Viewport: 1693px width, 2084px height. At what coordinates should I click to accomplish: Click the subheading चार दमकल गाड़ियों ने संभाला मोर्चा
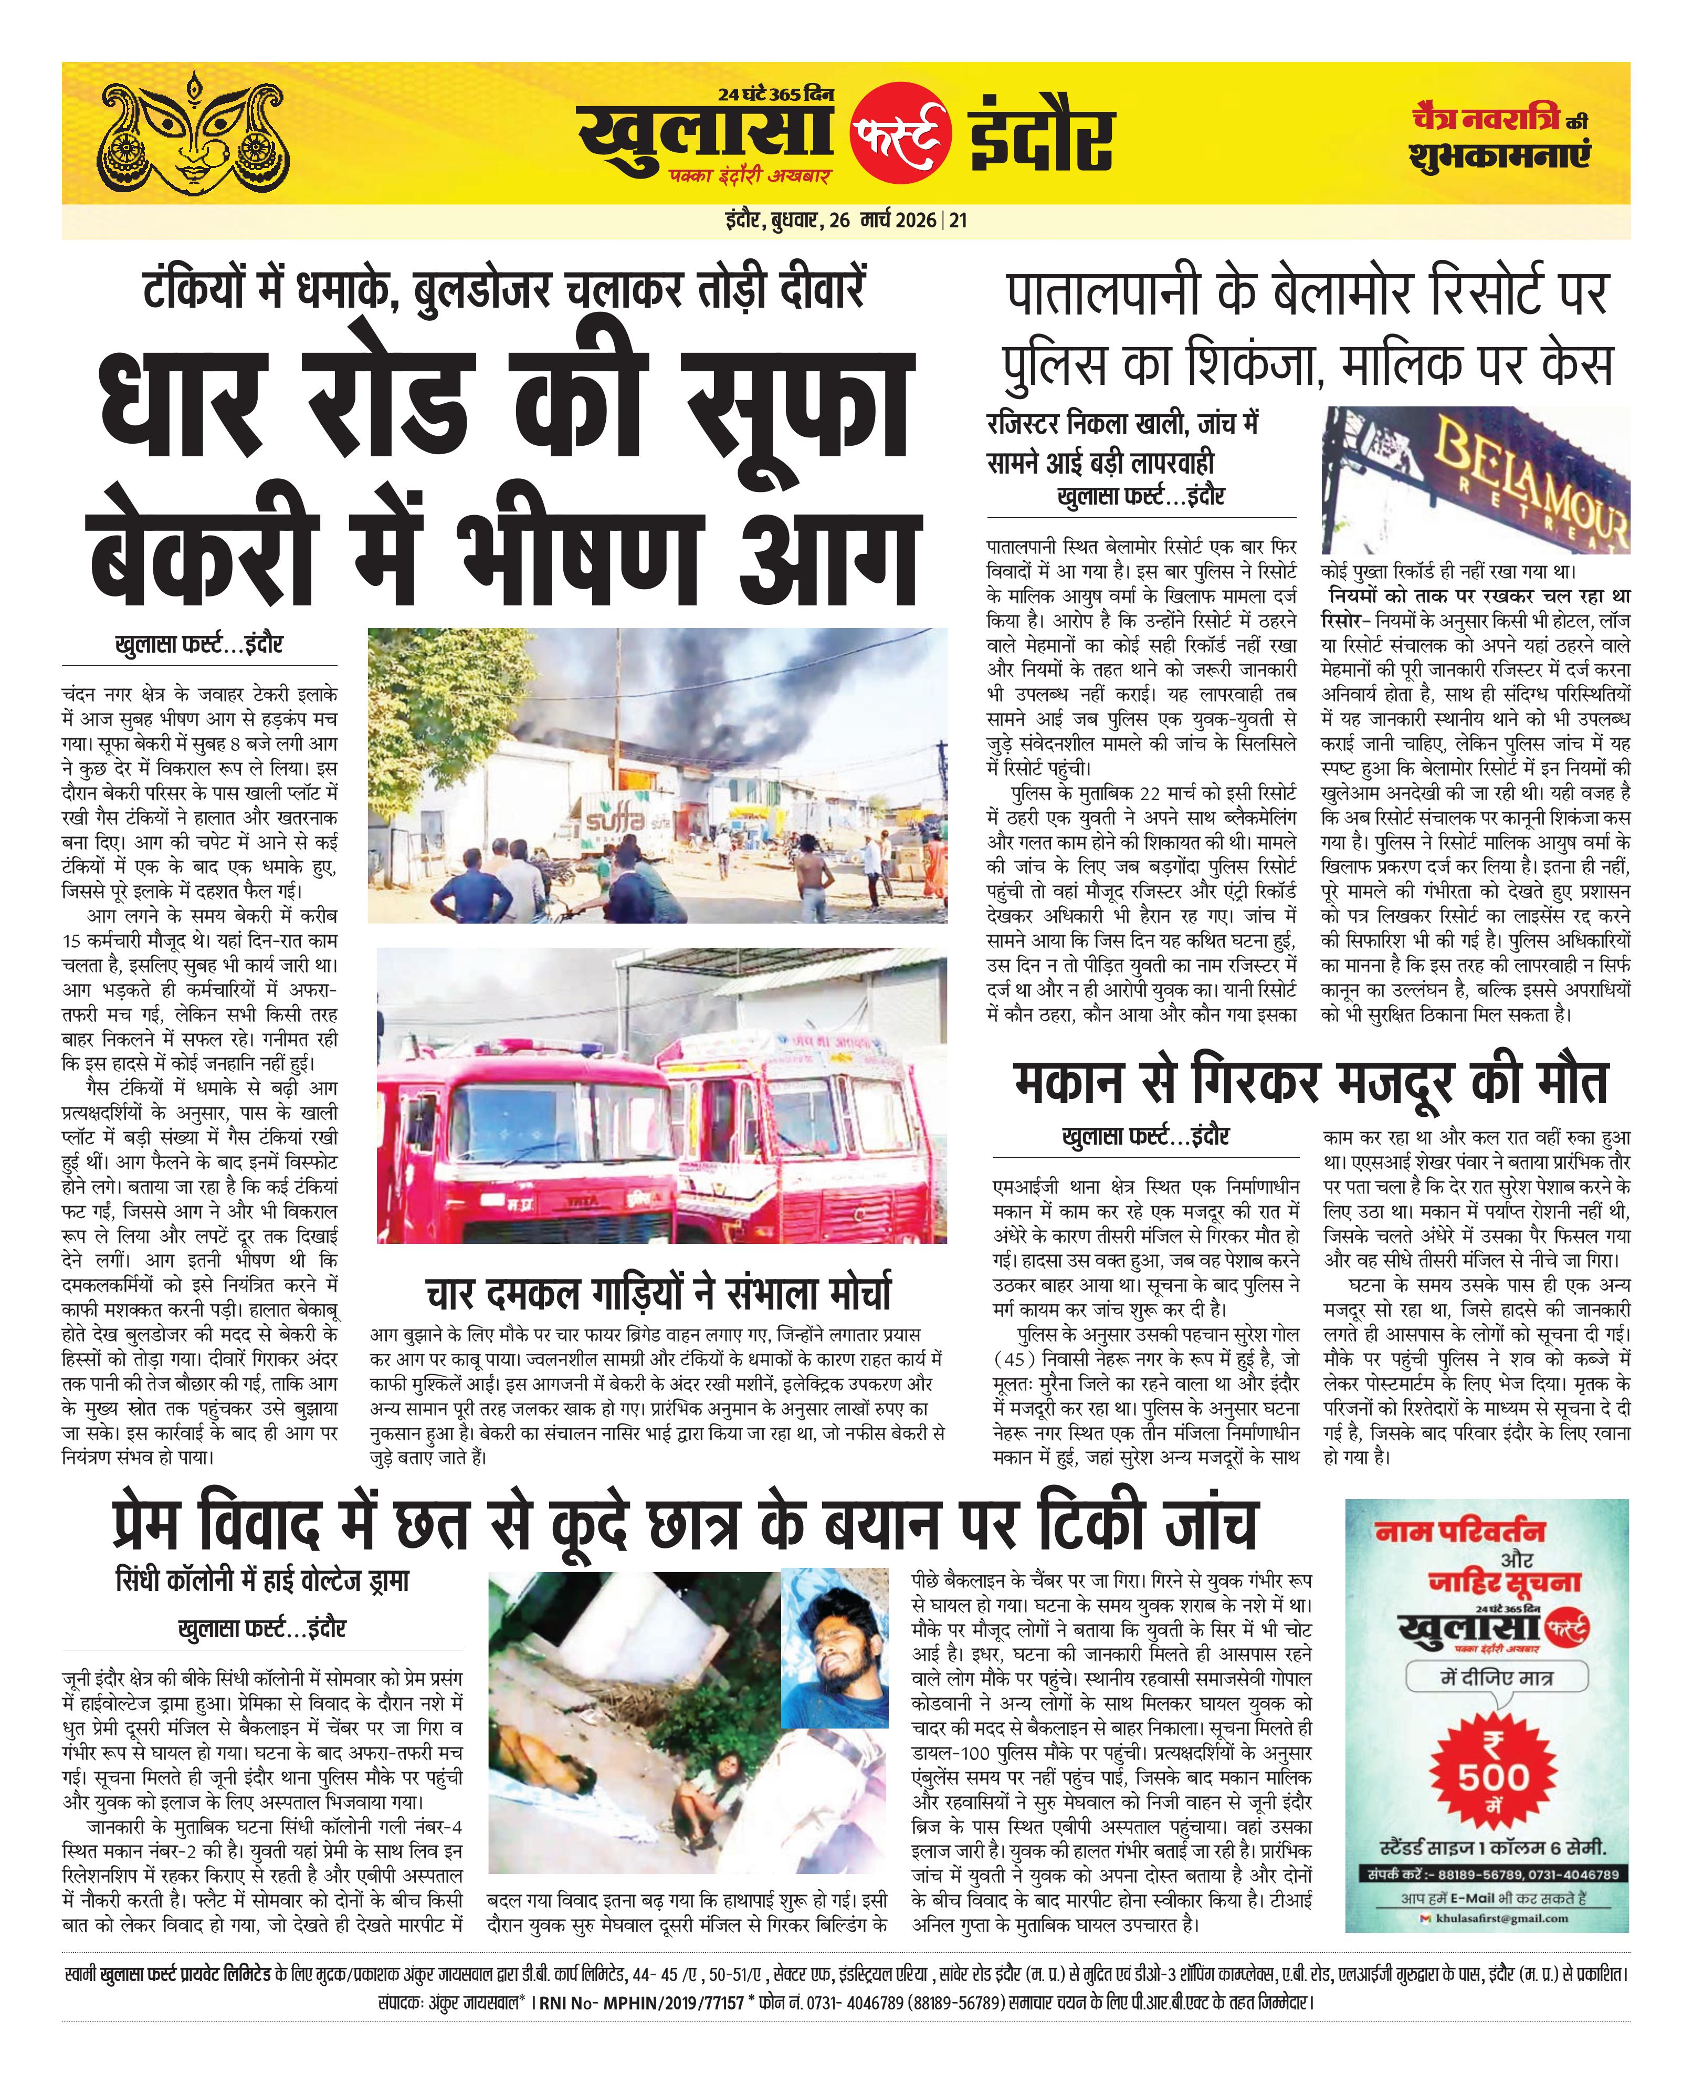pos(658,1293)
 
